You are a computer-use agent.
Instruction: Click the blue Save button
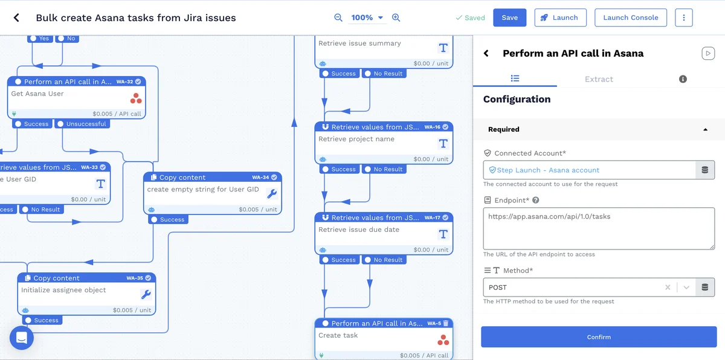pyautogui.click(x=509, y=18)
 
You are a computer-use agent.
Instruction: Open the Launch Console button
pyautogui.click(x=631, y=18)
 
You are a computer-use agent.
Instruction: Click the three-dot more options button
pyautogui.click(x=684, y=18)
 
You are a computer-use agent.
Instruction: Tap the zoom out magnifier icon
pyautogui.click(x=338, y=18)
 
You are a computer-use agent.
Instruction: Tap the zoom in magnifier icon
pyautogui.click(x=396, y=18)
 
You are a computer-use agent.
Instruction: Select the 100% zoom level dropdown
pyautogui.click(x=367, y=18)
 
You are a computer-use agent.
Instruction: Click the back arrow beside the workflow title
pyautogui.click(x=16, y=18)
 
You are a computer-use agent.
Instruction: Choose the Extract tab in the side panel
pyautogui.click(x=599, y=79)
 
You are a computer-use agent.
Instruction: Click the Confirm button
pyautogui.click(x=599, y=337)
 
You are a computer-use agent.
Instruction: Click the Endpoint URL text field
pyautogui.click(x=599, y=228)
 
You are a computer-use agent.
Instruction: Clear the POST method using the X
pyautogui.click(x=668, y=288)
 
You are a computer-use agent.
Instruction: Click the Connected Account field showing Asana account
pyautogui.click(x=589, y=170)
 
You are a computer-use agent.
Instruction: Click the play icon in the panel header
pyautogui.click(x=707, y=53)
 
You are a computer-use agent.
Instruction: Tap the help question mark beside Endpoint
pyautogui.click(x=535, y=201)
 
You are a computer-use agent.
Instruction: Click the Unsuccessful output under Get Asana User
pyautogui.click(x=82, y=124)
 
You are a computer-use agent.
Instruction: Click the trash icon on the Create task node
pyautogui.click(x=446, y=323)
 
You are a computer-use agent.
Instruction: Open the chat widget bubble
pyautogui.click(x=22, y=338)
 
